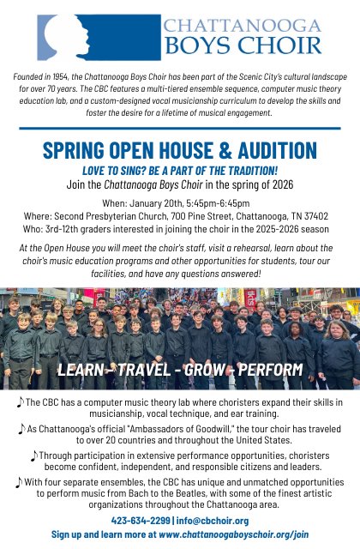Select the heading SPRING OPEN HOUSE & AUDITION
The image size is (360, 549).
(180, 151)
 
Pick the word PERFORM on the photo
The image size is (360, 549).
(273, 370)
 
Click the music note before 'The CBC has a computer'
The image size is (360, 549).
(20, 402)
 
